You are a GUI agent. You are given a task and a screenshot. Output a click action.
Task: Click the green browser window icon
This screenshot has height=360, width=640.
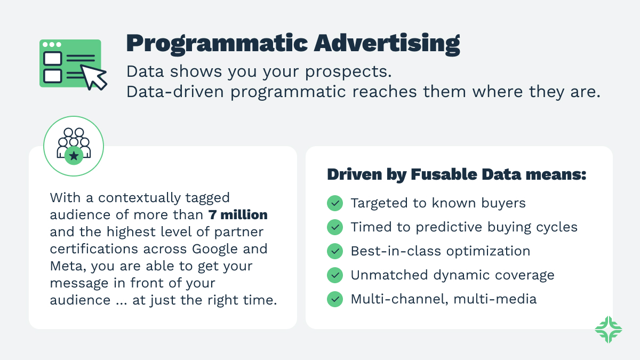pos(70,63)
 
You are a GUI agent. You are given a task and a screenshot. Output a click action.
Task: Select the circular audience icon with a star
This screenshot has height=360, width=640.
pos(74,146)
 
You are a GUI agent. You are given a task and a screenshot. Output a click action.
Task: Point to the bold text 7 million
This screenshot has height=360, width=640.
pos(238,215)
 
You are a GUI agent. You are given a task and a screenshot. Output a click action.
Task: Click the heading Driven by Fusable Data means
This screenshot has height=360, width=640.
pos(457,175)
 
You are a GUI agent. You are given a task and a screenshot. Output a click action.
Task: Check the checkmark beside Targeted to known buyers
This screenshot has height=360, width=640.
pos(335,203)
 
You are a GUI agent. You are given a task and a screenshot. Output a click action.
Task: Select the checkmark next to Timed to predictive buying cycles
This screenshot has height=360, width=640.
pos(335,227)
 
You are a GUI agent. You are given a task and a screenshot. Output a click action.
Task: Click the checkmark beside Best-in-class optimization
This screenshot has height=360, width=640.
pos(335,251)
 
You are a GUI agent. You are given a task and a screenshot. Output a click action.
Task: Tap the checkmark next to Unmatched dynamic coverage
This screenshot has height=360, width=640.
pos(335,275)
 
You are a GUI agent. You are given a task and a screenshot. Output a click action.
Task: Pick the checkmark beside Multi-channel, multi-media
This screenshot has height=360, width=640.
pos(335,299)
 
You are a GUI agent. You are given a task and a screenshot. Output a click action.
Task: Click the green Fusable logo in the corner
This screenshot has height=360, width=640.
pos(609,329)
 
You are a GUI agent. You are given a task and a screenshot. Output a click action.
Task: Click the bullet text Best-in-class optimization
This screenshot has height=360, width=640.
pos(440,251)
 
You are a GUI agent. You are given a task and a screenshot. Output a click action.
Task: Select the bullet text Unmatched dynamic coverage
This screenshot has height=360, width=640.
pos(452,275)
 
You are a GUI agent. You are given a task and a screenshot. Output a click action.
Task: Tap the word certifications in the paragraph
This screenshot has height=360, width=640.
pos(93,249)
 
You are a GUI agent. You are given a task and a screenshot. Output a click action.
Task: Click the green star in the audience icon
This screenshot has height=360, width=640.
pos(74,156)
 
